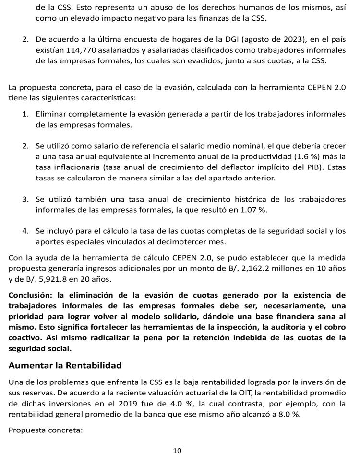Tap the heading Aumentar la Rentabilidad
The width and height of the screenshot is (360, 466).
(x=65, y=365)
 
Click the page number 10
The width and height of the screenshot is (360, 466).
(x=177, y=451)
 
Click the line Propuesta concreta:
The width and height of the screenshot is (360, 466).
(x=46, y=430)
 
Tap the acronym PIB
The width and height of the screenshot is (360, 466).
(x=299, y=167)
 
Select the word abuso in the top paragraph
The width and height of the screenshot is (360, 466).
(x=161, y=8)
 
